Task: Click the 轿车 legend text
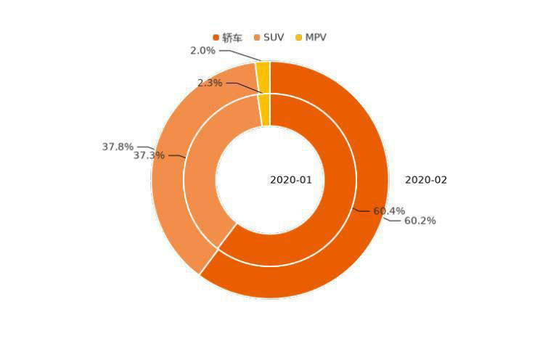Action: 232,38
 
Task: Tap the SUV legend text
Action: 274,37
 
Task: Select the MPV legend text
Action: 316,37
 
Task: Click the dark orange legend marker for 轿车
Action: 216,38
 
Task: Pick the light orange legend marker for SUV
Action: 258,38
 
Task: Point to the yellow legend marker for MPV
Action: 298,38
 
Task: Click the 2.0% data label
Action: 202,51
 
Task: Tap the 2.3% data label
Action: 210,83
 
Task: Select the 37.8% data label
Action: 118,147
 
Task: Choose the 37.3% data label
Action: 149,155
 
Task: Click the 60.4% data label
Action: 389,211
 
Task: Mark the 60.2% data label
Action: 420,221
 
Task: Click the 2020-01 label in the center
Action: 291,180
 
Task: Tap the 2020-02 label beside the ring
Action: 426,180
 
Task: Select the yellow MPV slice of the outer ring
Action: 263,77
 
